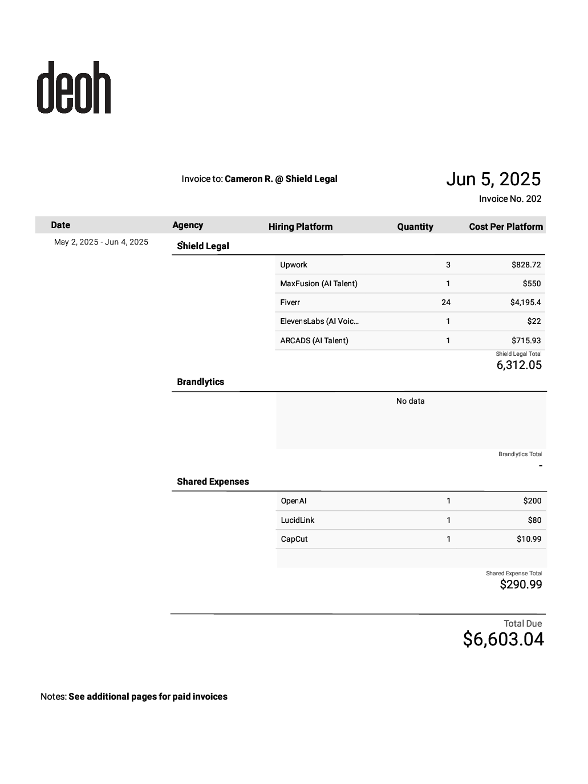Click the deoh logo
(x=74, y=87)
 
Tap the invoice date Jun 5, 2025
(x=493, y=179)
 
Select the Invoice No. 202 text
(x=510, y=198)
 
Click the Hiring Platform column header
(x=300, y=226)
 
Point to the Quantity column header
(x=415, y=226)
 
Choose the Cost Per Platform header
(x=505, y=226)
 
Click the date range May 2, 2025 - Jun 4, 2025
(x=101, y=242)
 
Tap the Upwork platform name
(x=294, y=265)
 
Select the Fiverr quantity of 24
(x=445, y=302)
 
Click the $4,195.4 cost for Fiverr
(x=525, y=302)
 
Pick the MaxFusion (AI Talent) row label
(x=318, y=283)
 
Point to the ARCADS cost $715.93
(x=526, y=340)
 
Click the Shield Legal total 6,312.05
(x=519, y=365)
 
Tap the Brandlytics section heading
(x=200, y=382)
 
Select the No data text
(x=410, y=401)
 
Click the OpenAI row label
(x=294, y=501)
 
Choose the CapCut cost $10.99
(x=529, y=539)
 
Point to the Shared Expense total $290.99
(x=521, y=584)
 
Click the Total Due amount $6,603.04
(x=503, y=639)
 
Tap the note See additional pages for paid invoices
(x=148, y=696)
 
